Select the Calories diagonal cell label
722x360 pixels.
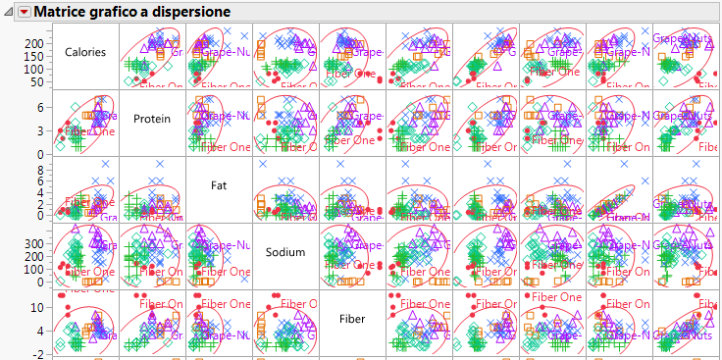85,52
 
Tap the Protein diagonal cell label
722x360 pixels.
153,119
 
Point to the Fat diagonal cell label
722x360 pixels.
219,183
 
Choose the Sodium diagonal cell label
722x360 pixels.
285,252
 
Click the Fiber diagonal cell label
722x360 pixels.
352,319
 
